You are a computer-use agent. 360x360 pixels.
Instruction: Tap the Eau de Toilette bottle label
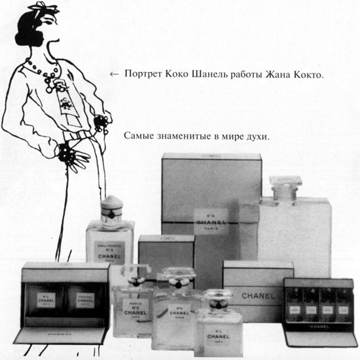110,250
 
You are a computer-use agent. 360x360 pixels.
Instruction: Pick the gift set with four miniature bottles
320,308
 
